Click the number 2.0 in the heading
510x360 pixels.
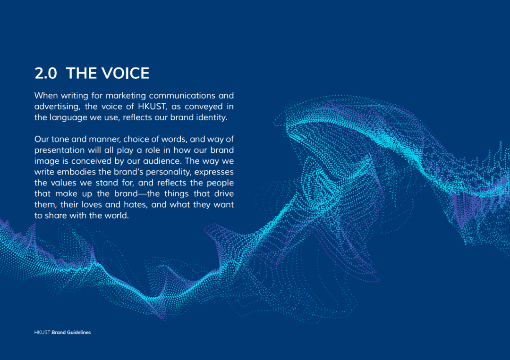pos(45,73)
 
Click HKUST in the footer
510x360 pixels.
pos(42,332)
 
